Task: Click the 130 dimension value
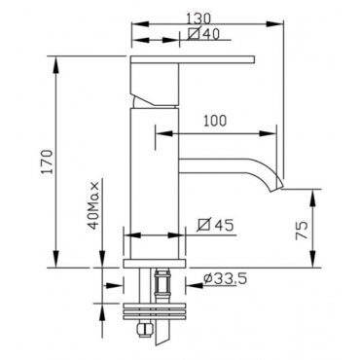tap(198, 18)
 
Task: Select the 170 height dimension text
tap(48, 162)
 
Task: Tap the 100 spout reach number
tap(215, 121)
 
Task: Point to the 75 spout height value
tap(302, 230)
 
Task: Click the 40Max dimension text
tap(93, 205)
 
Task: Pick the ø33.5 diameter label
tap(226, 278)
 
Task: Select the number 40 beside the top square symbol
tap(211, 34)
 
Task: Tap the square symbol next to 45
tap(204, 224)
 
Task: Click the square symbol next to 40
tap(194, 33)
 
